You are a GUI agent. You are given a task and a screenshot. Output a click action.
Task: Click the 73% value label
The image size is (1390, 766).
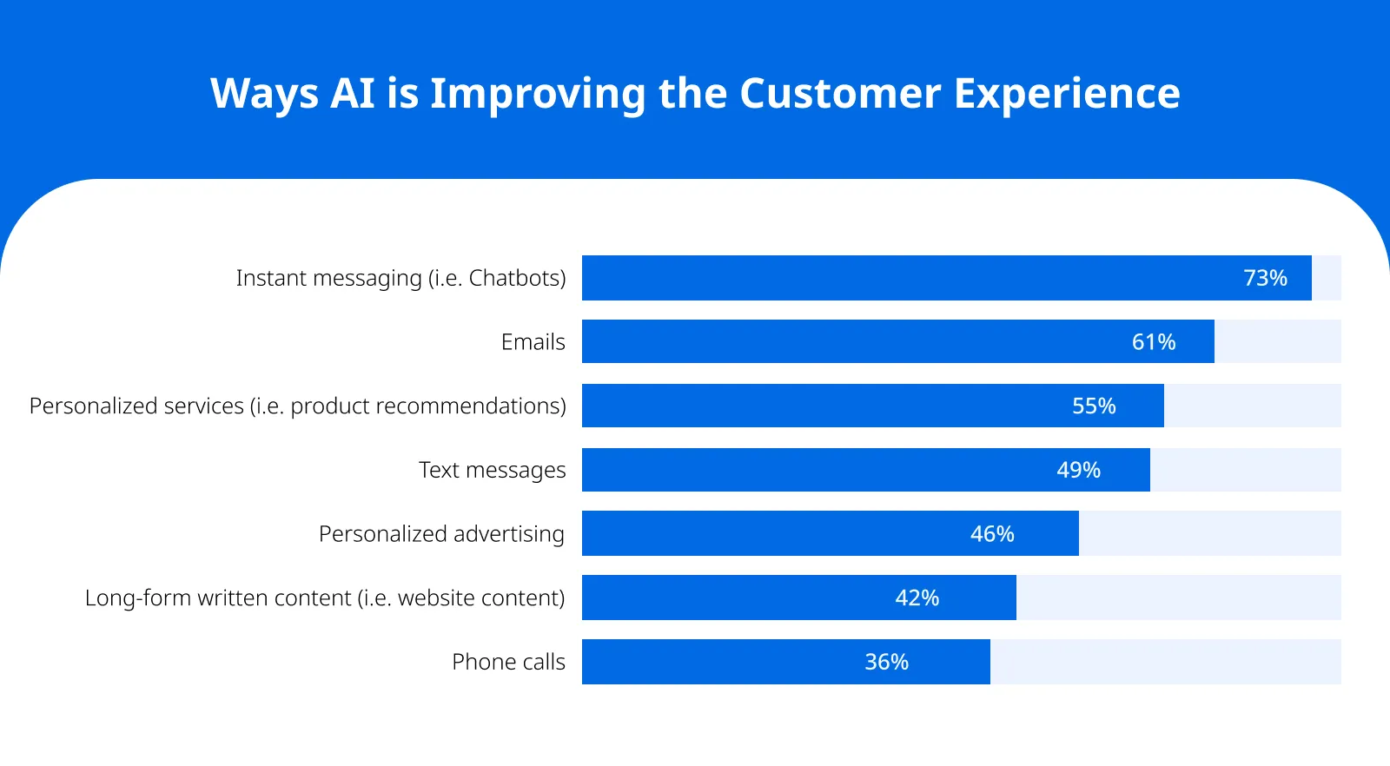(x=1265, y=278)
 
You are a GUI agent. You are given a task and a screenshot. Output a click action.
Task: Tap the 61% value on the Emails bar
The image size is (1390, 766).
(x=1154, y=342)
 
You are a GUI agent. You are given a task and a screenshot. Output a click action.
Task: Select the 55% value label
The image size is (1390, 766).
(x=1094, y=406)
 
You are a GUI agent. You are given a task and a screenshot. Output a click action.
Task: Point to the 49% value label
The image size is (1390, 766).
(x=1078, y=470)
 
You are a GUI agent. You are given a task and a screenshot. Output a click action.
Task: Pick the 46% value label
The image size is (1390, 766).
(x=992, y=533)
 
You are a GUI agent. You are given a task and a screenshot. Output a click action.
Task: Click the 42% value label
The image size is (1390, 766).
(x=917, y=598)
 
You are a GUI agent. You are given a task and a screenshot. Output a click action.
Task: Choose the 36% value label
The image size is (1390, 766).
(x=886, y=662)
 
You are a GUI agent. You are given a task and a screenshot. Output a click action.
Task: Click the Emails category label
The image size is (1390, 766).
(x=533, y=342)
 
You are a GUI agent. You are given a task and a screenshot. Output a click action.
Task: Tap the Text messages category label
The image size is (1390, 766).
(x=492, y=470)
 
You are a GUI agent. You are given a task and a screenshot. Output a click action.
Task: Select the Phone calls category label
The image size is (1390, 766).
(x=508, y=662)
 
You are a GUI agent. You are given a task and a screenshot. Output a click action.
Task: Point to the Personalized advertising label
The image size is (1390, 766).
(x=441, y=533)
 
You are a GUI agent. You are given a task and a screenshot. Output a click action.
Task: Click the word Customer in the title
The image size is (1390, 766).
(x=840, y=93)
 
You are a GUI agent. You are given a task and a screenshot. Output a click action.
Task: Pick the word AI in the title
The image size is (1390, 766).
(x=353, y=93)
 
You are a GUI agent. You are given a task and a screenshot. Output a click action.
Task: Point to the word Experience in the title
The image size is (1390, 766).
(x=1067, y=93)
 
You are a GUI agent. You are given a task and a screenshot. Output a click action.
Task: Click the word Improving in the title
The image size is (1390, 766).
(x=538, y=93)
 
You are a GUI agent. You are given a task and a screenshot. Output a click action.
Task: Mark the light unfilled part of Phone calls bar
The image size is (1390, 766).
(x=1165, y=662)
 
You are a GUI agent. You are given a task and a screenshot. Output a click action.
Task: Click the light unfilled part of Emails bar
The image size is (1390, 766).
(x=1277, y=341)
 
